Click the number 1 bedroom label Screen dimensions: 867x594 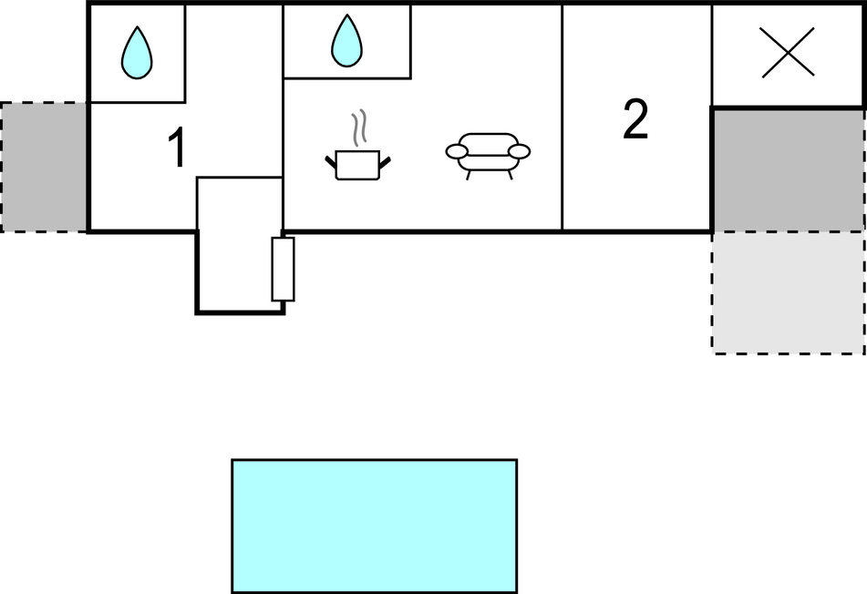click(177, 147)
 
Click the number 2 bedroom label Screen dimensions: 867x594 click(635, 119)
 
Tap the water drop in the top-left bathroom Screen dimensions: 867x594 click(137, 53)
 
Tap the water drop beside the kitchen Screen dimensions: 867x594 click(346, 40)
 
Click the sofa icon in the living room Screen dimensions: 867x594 click(488, 156)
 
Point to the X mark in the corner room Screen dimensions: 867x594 click(788, 53)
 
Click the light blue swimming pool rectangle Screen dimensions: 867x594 click(375, 526)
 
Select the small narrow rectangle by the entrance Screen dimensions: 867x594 click(283, 269)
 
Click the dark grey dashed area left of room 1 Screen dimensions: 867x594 click(43, 167)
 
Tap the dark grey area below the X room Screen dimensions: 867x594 click(788, 169)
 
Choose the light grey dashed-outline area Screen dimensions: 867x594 click(788, 292)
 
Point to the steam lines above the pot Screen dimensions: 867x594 click(359, 128)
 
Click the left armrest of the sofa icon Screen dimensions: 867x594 click(457, 151)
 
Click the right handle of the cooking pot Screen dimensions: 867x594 click(385, 162)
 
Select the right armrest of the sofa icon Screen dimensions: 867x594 click(520, 151)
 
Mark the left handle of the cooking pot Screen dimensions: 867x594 click(331, 162)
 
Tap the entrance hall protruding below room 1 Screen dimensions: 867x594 click(240, 245)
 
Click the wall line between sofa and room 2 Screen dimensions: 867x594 click(562, 118)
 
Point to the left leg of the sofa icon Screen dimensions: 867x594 click(469, 175)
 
